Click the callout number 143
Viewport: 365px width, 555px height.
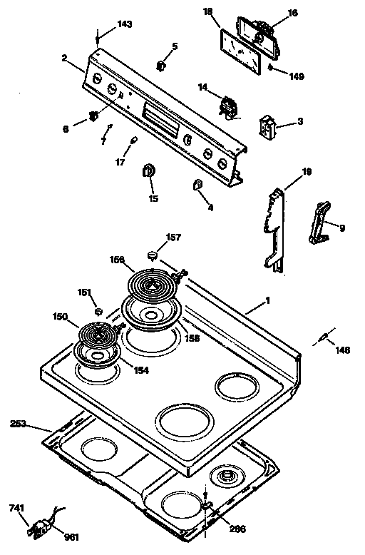(125, 24)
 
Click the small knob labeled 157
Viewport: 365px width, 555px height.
(152, 255)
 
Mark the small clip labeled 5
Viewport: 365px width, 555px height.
(161, 66)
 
